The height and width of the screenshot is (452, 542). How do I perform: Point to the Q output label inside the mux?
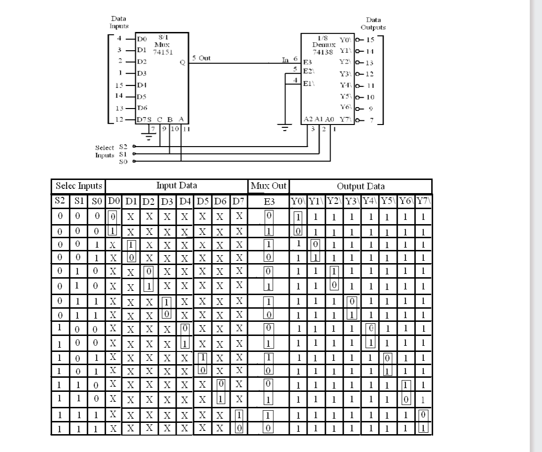(182, 65)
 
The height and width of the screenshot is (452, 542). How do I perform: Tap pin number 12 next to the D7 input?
(119, 119)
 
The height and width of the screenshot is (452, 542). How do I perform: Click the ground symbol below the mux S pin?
(150, 136)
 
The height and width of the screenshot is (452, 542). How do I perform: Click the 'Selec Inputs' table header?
(78, 186)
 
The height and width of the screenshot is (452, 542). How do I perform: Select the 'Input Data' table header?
(176, 186)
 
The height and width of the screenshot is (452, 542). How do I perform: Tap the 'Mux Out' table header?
(269, 186)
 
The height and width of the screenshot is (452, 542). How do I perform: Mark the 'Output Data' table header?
(360, 186)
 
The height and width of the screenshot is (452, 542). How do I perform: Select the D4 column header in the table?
(185, 202)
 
